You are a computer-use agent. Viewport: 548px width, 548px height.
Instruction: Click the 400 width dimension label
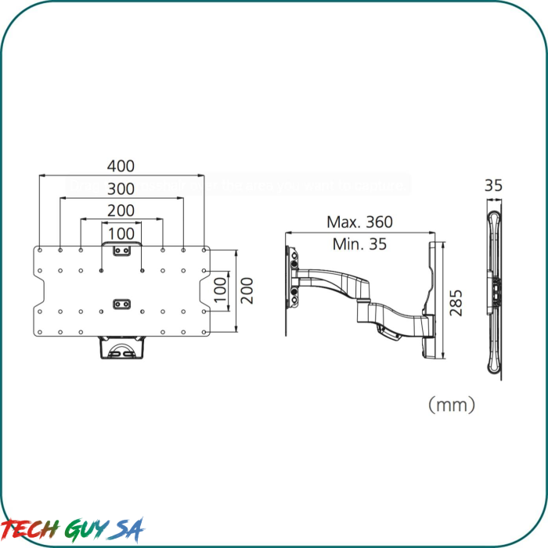pyautogui.click(x=121, y=166)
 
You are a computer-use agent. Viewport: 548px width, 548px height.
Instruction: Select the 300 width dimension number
pyautogui.click(x=121, y=189)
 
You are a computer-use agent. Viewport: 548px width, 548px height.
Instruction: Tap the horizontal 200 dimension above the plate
pyautogui.click(x=121, y=210)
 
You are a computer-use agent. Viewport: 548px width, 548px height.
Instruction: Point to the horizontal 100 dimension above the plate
pyautogui.click(x=121, y=233)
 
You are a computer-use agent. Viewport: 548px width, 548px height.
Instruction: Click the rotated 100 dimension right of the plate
pyautogui.click(x=221, y=290)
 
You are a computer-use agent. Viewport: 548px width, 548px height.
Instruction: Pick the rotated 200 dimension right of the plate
pyautogui.click(x=247, y=290)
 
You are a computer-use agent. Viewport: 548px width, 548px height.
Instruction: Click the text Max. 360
pyautogui.click(x=359, y=222)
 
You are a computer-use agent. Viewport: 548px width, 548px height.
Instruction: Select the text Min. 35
pyautogui.click(x=359, y=243)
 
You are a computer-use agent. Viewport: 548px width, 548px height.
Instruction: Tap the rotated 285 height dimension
pyautogui.click(x=457, y=302)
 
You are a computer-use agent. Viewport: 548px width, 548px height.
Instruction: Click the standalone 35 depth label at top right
pyautogui.click(x=493, y=186)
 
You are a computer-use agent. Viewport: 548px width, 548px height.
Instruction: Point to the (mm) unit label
pyautogui.click(x=452, y=405)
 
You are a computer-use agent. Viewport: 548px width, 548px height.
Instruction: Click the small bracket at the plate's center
pyautogui.click(x=121, y=302)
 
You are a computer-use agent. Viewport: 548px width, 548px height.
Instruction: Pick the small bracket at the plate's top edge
pyautogui.click(x=121, y=251)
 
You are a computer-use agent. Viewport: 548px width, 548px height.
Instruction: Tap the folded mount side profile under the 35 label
pyautogui.click(x=494, y=290)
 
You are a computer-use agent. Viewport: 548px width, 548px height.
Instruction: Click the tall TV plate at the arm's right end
pyautogui.click(x=433, y=301)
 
